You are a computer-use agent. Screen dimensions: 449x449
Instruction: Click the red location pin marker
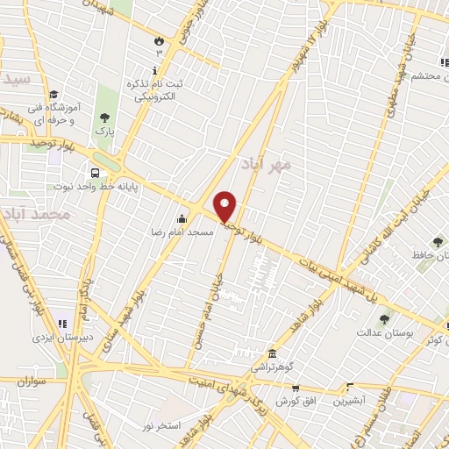226,207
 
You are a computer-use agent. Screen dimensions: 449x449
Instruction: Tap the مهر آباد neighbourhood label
267,164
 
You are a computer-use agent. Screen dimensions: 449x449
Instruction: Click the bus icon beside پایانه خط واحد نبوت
94,173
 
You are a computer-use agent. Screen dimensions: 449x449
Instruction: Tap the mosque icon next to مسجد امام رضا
182,218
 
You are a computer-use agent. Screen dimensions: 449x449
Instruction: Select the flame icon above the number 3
158,40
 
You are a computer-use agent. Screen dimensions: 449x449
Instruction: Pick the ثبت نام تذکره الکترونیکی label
157,89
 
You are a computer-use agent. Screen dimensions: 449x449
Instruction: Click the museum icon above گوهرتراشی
270,353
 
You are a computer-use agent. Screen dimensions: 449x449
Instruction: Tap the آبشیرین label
350,401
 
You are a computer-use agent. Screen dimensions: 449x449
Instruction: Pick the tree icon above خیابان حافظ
437,242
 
